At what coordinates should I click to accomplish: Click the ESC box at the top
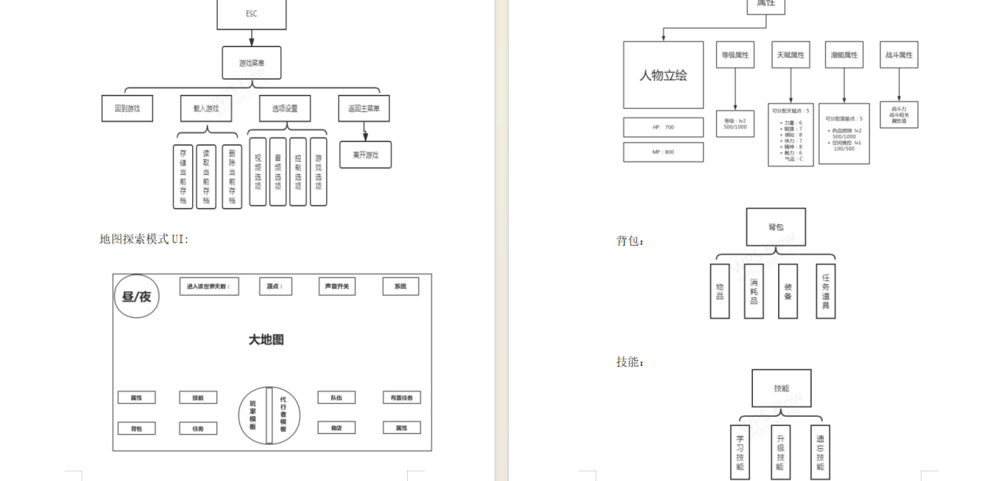[x=251, y=13]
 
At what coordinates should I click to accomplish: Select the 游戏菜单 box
[x=251, y=63]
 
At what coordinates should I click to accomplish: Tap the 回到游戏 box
[x=127, y=108]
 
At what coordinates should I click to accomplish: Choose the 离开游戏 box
[x=366, y=155]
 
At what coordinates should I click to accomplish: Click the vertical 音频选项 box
[x=278, y=172]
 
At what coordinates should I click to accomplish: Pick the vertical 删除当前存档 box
[x=231, y=177]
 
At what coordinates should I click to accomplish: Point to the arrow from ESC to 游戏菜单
[x=251, y=38]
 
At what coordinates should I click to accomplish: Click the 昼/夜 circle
[x=136, y=297]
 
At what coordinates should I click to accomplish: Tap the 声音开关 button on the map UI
[x=336, y=286]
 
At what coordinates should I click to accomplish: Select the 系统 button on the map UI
[x=400, y=286]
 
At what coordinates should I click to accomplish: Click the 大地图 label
[x=266, y=340]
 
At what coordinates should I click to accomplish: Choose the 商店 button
[x=336, y=428]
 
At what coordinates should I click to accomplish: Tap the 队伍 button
[x=336, y=398]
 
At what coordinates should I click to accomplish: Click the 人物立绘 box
[x=663, y=75]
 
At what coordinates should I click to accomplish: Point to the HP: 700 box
[x=663, y=127]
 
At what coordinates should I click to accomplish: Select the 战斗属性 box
[x=899, y=55]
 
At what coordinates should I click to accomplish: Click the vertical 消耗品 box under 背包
[x=754, y=291]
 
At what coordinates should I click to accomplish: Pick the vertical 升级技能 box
[x=780, y=452]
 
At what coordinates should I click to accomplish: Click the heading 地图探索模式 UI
[x=144, y=239]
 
